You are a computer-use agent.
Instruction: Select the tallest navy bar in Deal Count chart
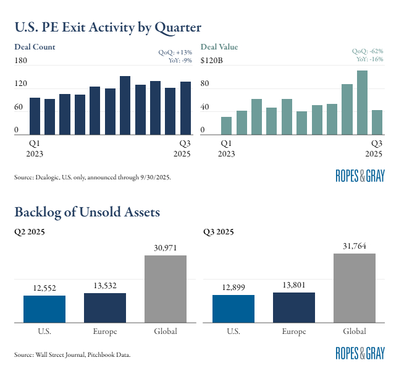(125, 105)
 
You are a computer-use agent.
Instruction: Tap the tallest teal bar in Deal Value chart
(362, 103)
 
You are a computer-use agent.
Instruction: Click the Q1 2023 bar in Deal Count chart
(35, 116)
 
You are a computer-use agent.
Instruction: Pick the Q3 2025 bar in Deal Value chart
(377, 122)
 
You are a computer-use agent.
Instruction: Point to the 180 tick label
(21, 60)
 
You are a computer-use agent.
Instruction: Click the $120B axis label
(213, 60)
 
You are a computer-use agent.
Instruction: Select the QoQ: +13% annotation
(175, 53)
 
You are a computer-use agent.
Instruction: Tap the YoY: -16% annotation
(369, 59)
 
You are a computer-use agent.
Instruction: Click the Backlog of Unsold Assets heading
(87, 212)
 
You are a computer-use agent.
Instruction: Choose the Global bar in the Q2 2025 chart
(166, 289)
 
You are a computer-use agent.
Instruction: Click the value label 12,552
(44, 288)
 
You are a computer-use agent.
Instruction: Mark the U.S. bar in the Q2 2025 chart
(44, 309)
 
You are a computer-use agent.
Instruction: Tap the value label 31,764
(354, 246)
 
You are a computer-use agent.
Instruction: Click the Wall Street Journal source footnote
(72, 354)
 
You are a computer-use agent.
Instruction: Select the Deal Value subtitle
(219, 47)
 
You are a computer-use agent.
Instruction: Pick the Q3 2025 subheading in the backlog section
(218, 233)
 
